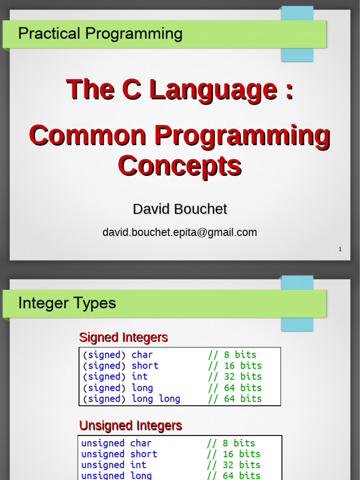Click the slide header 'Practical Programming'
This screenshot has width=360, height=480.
(100, 34)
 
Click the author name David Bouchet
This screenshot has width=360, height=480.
(180, 209)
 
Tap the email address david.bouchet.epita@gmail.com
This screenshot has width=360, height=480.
(180, 232)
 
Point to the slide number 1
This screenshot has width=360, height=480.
(340, 249)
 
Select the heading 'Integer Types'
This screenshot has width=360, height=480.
(67, 303)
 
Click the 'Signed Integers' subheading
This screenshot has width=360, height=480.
(123, 337)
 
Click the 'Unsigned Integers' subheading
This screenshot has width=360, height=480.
(130, 426)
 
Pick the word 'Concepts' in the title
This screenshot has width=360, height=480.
(180, 165)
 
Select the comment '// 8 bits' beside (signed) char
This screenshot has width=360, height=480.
(232, 355)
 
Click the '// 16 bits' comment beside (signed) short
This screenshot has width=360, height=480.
(235, 366)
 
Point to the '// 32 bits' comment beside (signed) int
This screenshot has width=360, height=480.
(235, 376)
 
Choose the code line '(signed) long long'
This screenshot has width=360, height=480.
(132, 399)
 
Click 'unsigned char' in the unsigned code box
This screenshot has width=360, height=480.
(116, 443)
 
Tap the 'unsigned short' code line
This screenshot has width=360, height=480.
(119, 454)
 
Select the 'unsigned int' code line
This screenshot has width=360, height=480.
(114, 465)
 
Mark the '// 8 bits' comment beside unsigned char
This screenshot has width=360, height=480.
(231, 443)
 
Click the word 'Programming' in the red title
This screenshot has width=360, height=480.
(242, 136)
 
